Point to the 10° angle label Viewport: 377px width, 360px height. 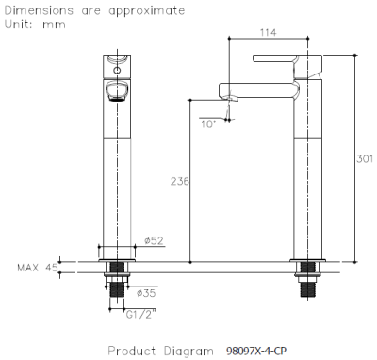(x=208, y=121)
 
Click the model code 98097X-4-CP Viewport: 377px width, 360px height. (x=254, y=351)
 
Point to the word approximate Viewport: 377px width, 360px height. (x=145, y=10)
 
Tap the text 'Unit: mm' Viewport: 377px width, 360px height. (x=28, y=25)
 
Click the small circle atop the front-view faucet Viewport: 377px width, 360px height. (x=116, y=67)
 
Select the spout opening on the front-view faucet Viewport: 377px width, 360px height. (x=117, y=91)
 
